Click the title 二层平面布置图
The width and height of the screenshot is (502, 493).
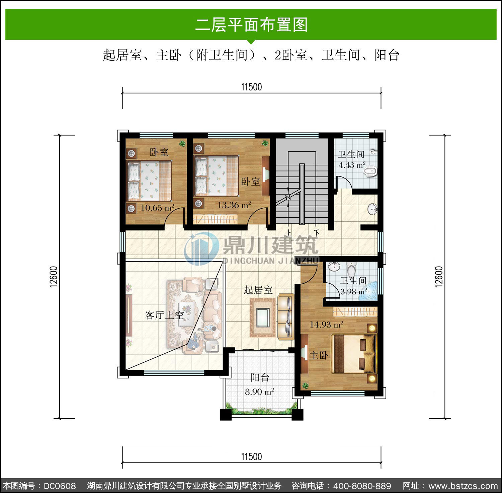click(x=251, y=25)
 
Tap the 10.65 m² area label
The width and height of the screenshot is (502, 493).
click(x=157, y=208)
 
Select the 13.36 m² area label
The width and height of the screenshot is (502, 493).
click(x=234, y=205)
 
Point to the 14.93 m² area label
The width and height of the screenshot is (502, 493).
click(x=326, y=324)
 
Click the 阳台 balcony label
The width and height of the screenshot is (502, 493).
click(x=260, y=377)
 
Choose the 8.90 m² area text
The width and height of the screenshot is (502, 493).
click(x=259, y=392)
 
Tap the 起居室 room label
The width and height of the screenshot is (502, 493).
click(x=258, y=290)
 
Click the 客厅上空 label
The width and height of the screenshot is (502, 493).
click(x=164, y=315)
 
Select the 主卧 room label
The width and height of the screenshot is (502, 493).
click(x=319, y=355)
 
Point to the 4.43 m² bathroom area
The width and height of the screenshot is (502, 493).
click(x=352, y=165)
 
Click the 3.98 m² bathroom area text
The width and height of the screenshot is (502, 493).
click(x=353, y=291)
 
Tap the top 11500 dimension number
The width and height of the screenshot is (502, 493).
click(x=251, y=87)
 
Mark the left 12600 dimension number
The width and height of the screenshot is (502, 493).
click(x=54, y=277)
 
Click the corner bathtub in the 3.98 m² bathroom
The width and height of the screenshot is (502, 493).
click(x=370, y=291)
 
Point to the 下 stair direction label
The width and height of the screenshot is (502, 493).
click(x=316, y=232)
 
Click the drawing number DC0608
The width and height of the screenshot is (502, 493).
click(x=60, y=486)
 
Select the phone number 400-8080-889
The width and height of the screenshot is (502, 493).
click(x=362, y=486)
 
